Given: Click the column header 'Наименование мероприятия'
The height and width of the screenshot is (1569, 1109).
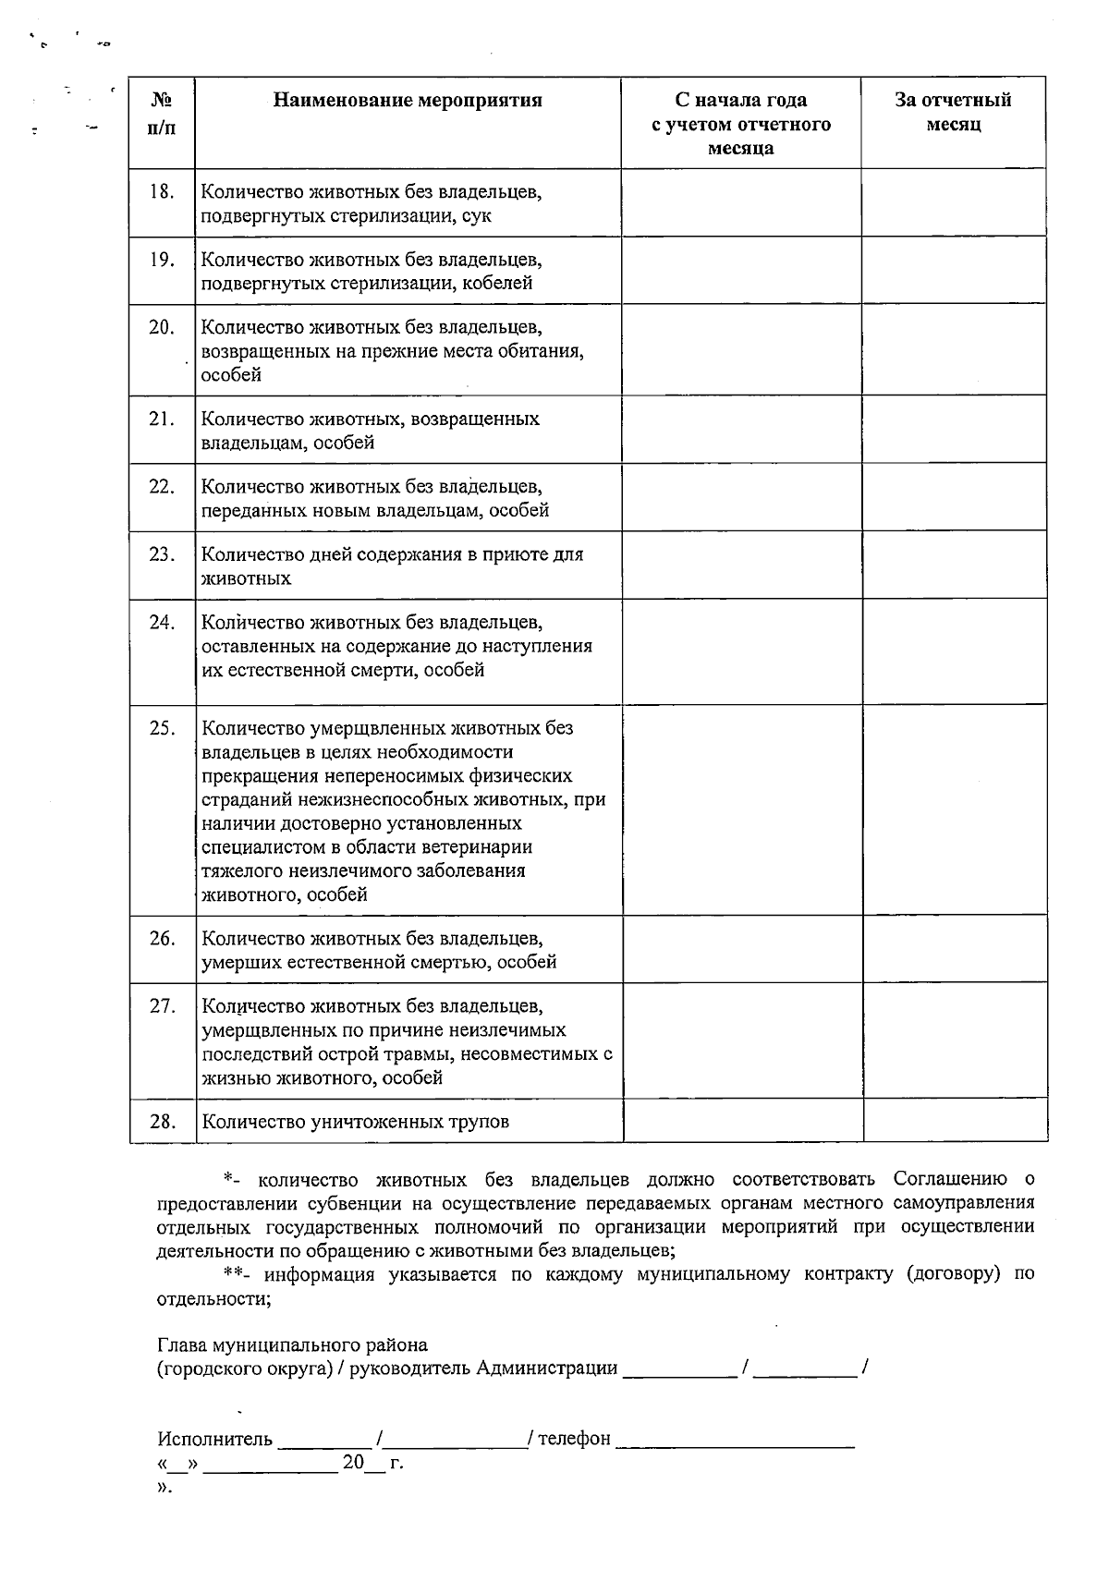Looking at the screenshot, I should (408, 100).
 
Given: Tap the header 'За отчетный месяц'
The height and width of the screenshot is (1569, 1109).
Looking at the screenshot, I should (953, 112).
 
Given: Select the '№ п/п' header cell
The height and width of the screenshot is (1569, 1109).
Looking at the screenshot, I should (162, 112).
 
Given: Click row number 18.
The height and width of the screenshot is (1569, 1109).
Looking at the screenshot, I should (162, 192).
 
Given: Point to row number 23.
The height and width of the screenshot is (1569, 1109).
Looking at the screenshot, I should (162, 554).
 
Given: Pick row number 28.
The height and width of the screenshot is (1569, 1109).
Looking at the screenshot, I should (162, 1122).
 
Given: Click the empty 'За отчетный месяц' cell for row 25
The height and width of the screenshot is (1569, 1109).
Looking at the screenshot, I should (954, 809).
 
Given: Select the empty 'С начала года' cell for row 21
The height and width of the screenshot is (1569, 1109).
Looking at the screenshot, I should (741, 430).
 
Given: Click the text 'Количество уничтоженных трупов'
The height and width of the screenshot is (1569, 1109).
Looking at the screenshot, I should (355, 1122).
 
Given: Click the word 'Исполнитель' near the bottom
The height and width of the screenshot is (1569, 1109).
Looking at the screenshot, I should (214, 1439).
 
